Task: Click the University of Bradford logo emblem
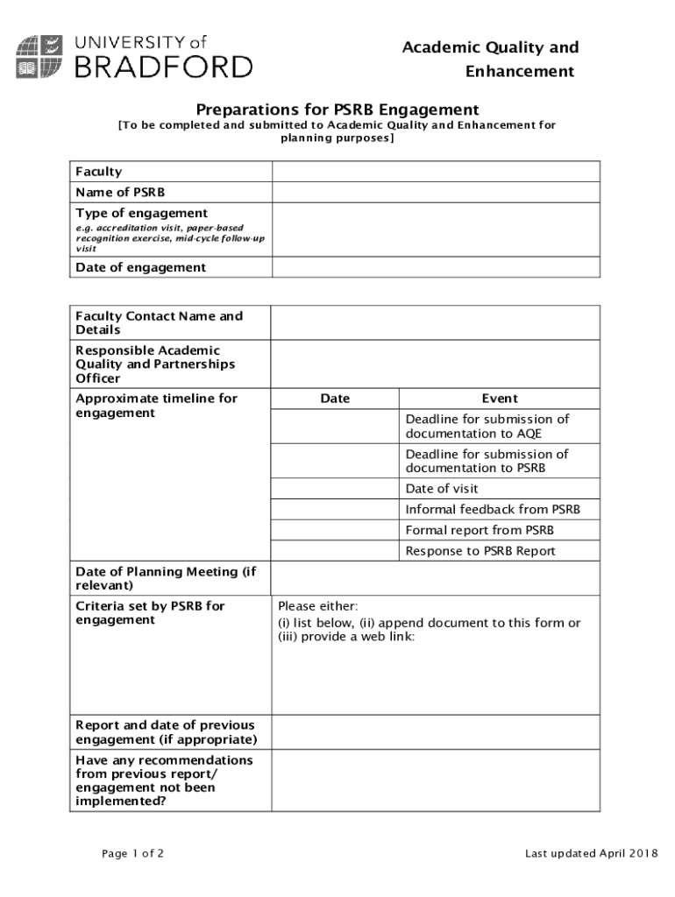[39, 56]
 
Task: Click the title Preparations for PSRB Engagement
[337, 109]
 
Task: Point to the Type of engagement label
[141, 213]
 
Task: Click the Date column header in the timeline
[335, 399]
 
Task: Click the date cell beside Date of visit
[335, 489]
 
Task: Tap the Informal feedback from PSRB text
[492, 510]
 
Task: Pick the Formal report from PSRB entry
[480, 530]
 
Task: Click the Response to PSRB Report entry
[480, 551]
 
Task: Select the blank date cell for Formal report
[335, 530]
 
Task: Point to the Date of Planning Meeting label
[166, 578]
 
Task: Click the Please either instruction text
[317, 606]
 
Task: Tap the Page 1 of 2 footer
[132, 854]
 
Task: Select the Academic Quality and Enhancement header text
[490, 59]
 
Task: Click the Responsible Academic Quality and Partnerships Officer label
[155, 364]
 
